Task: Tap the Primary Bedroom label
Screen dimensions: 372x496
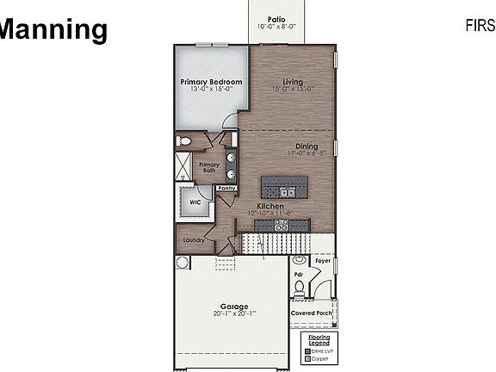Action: coord(210,82)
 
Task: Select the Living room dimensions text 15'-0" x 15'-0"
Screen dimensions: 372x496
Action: coord(293,89)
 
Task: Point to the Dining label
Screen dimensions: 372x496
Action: coord(307,146)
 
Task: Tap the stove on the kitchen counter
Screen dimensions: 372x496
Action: coord(281,225)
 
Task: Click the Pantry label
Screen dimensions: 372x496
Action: coord(226,187)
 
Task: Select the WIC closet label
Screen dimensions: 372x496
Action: coord(195,203)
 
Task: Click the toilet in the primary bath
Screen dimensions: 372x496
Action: coord(183,140)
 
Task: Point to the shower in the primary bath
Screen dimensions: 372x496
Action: coord(185,165)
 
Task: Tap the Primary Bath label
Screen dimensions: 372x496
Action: coord(209,167)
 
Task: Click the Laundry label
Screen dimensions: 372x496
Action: coord(194,240)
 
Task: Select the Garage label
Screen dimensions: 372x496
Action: coord(233,306)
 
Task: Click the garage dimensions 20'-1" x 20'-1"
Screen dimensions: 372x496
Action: coord(233,313)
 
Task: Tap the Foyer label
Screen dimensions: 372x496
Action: coord(322,259)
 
